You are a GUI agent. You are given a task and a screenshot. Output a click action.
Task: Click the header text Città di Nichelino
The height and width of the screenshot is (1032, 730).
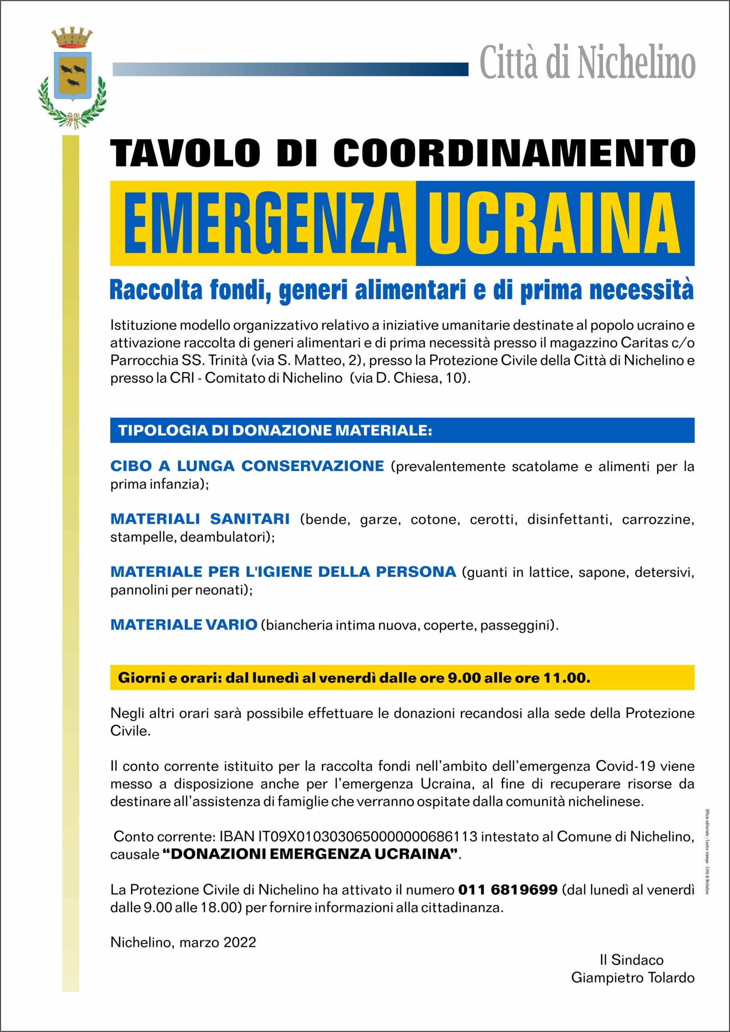587,63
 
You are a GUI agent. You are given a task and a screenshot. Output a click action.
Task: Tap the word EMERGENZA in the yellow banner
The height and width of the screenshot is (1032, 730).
265,223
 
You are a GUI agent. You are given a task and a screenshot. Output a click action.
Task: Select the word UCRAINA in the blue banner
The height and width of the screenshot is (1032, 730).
554,223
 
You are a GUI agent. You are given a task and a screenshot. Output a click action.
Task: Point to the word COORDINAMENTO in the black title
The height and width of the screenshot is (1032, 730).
514,153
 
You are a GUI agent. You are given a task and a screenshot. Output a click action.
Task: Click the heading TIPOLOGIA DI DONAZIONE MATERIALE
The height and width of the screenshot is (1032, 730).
275,430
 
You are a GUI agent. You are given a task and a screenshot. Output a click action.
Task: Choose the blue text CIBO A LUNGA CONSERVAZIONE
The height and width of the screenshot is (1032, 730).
247,466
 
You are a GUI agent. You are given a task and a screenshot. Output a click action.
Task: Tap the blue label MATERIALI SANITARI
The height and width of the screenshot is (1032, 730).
200,519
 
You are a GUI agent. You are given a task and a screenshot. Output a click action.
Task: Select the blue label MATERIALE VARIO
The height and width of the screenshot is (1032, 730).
183,624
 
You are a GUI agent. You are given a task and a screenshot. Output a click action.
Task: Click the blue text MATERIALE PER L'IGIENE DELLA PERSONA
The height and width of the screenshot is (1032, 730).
283,572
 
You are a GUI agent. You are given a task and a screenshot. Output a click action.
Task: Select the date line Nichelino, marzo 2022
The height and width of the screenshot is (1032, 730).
183,942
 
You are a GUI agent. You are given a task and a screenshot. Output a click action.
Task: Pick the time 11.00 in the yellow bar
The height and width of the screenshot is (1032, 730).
566,678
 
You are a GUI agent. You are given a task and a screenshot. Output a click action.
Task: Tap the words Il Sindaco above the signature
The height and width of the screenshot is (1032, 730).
631,960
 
